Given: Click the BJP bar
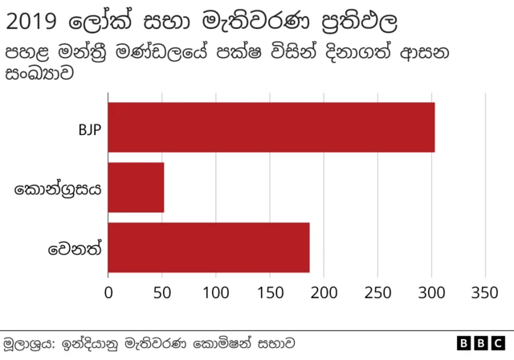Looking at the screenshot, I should pyautogui.click(x=271, y=127).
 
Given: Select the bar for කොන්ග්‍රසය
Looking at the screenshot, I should pyautogui.click(x=136, y=187).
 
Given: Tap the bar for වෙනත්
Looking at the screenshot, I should pyautogui.click(x=209, y=247).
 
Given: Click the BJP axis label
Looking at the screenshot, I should pyautogui.click(x=89, y=128).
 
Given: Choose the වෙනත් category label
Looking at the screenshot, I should pyautogui.click(x=75, y=248).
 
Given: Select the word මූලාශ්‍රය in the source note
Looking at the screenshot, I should pyautogui.click(x=27, y=343).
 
